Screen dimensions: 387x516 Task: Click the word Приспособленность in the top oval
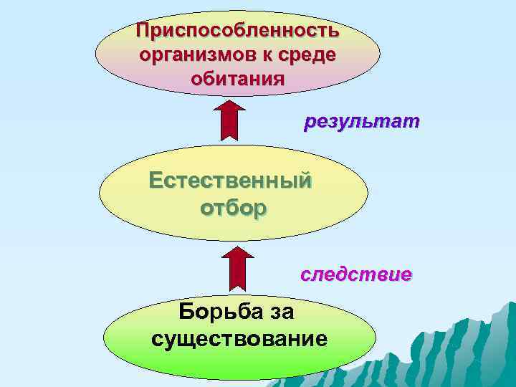(x=237, y=31)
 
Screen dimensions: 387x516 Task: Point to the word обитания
(x=237, y=78)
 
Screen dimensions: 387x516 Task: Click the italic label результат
(x=362, y=122)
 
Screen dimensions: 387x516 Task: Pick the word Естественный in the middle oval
(x=230, y=179)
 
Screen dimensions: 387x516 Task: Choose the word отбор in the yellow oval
(x=231, y=208)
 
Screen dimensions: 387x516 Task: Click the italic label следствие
(x=355, y=274)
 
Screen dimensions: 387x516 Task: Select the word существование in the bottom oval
(x=239, y=337)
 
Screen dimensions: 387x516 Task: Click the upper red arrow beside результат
(x=230, y=122)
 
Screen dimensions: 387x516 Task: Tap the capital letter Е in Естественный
(x=156, y=179)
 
